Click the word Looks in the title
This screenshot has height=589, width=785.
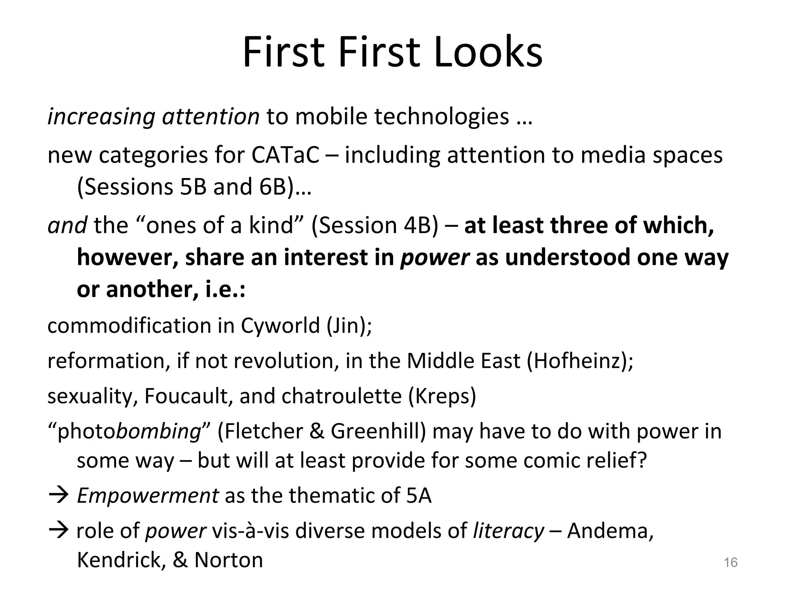click(489, 53)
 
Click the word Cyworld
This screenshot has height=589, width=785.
click(280, 326)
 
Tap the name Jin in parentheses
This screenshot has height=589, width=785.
click(348, 326)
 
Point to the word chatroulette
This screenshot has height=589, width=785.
click(342, 396)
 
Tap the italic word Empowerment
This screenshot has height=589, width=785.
click(148, 495)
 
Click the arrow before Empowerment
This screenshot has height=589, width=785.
click(58, 495)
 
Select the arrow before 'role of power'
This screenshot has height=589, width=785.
click(58, 531)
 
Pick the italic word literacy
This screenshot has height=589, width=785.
click(508, 531)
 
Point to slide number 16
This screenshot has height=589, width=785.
click(731, 563)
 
